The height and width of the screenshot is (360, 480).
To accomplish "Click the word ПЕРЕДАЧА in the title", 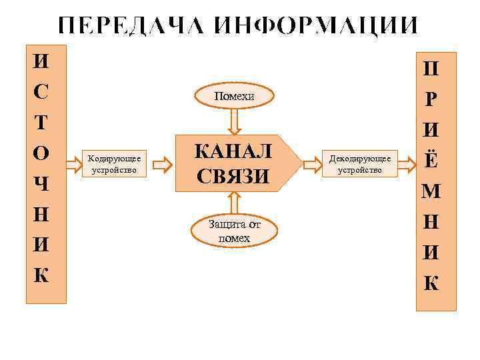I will pos(133,25).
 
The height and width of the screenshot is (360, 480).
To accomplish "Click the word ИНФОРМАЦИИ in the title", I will pos(317,25).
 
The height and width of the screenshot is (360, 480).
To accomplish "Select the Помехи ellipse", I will pos(234,97).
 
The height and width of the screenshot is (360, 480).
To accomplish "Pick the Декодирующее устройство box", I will pos(360,163).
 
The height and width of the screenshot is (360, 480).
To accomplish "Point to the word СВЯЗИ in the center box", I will pos(233,177).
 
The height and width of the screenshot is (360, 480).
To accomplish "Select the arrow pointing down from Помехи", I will pos(234,122).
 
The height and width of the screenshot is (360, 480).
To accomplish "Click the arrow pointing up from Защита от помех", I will pos(233,203).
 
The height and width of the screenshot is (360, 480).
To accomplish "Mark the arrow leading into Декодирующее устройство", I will pos(312,163).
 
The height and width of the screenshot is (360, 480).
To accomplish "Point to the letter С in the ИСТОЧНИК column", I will pos(41,93).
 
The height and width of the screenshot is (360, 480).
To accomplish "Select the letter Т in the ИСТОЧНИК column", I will pos(41,123).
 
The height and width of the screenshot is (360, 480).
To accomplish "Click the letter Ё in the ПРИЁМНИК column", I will pos(431,160).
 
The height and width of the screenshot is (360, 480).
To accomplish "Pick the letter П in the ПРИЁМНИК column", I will pos(431,69).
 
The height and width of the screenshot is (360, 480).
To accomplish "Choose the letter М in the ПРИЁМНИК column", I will pos(431,192).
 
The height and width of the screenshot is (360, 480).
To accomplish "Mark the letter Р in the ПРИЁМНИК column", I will pos(431,99).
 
